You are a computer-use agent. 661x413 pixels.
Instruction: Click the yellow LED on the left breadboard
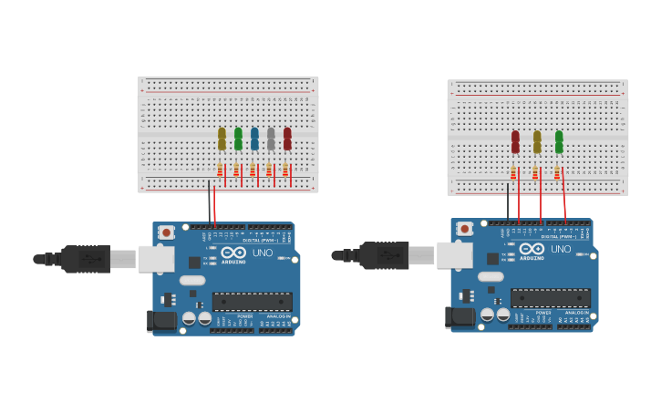coord(222,139)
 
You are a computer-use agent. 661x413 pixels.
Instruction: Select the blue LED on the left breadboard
coord(254,139)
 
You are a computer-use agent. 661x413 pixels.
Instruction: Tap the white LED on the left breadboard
coord(271,139)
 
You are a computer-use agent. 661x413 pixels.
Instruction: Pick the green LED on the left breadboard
coord(238,139)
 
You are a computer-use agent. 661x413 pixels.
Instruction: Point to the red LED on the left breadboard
coord(287,139)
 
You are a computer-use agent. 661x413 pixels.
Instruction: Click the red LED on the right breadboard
coord(515,142)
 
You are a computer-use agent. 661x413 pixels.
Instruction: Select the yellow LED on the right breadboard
coord(537,142)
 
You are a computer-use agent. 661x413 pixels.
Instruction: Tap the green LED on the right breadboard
coord(559,142)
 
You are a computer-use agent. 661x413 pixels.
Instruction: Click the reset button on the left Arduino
coord(166,233)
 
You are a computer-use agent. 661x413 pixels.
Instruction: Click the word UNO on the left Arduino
coord(263,252)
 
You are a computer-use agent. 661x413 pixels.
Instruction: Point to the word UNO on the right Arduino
coord(561,249)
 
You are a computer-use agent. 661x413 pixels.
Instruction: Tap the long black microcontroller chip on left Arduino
coord(253,301)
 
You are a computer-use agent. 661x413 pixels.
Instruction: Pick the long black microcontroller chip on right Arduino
coord(551,297)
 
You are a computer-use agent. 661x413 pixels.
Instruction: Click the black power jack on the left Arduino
coord(161,320)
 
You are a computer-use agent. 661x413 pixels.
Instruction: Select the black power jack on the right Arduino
coord(460,316)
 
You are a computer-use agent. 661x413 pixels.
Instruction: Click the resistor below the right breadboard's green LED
coord(556,172)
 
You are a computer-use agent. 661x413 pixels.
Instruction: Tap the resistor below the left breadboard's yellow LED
coord(220,170)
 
